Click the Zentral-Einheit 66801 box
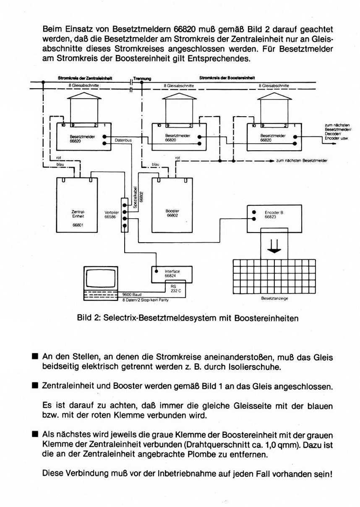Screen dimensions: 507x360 (78, 204)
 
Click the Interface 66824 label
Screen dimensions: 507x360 (172, 274)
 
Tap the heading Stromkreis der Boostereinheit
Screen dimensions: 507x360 (227, 78)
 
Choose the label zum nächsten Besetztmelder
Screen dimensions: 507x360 (302, 161)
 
